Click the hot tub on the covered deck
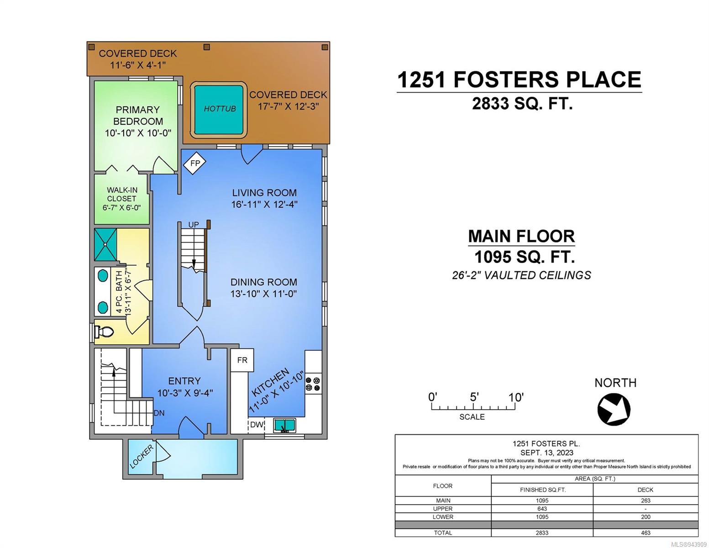click(x=219, y=110)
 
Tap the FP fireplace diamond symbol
click(x=194, y=163)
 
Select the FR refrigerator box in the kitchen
click(x=242, y=360)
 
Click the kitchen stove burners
click(x=313, y=384)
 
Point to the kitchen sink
click(x=284, y=425)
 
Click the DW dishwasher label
click(x=257, y=425)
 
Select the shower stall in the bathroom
click(x=105, y=244)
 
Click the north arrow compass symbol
click(x=614, y=409)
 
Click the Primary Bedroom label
click(x=138, y=115)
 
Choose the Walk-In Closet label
click(x=122, y=194)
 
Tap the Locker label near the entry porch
click(x=141, y=457)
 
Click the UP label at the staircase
click(x=194, y=225)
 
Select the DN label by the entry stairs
click(x=159, y=413)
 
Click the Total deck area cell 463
click(x=646, y=532)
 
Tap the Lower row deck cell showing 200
click(x=646, y=516)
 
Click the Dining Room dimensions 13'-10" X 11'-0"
click(x=263, y=294)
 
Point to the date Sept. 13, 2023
click(x=546, y=453)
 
